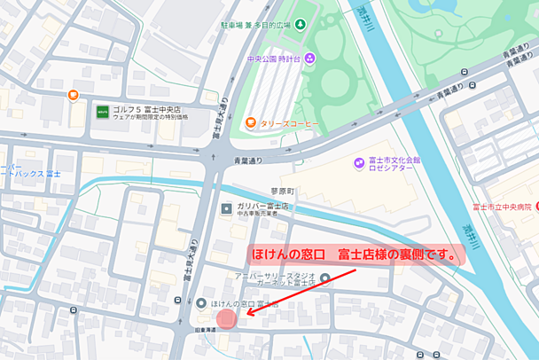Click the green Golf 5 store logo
pos(103,112)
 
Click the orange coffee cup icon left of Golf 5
pos(73,96)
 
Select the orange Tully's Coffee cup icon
pos(252,122)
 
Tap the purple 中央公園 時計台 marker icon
pos(310,59)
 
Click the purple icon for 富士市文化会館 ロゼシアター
pos(358,162)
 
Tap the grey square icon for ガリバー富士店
pos(225,208)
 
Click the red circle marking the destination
pos(226,318)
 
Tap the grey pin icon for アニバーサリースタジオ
pos(325,279)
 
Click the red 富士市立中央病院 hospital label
pos(503,207)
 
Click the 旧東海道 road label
pos(206,330)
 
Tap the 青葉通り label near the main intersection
pos(250,160)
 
